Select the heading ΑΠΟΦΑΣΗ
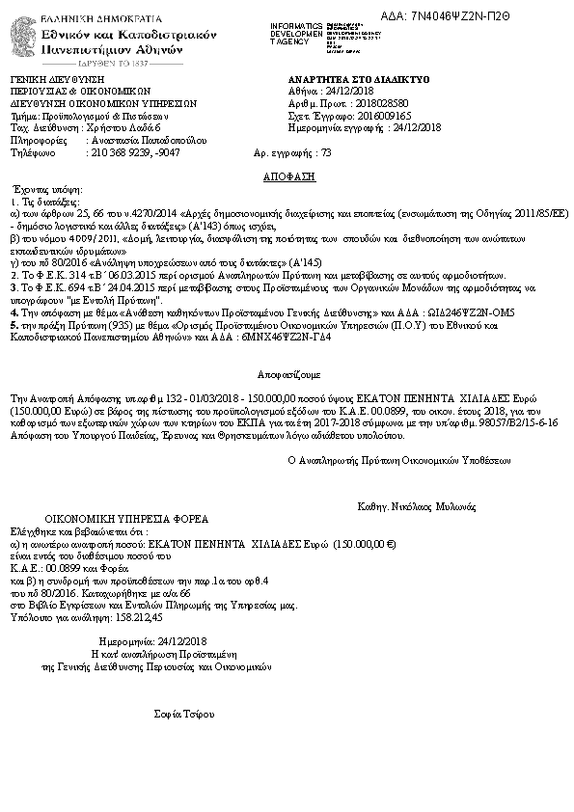tap(287, 178)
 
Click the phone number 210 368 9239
tap(121, 152)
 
